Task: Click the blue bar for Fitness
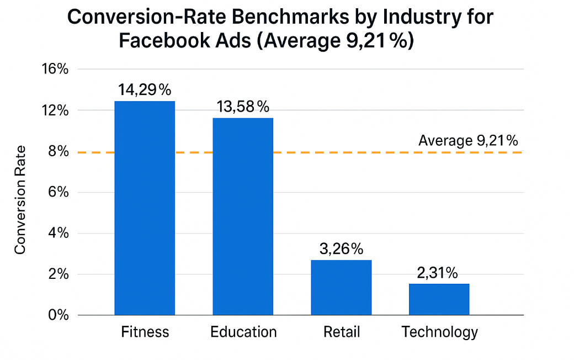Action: [145, 208]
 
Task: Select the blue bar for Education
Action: [243, 216]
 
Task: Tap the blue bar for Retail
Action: [341, 287]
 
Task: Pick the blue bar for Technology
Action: [439, 299]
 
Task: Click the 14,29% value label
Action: [145, 89]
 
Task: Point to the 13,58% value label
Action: [243, 107]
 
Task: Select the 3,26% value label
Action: [341, 248]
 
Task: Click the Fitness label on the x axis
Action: [145, 332]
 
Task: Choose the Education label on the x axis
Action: [243, 332]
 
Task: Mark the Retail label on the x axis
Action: [341, 332]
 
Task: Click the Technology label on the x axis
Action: [439, 332]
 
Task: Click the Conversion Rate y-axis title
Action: [20, 200]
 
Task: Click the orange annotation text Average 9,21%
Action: [468, 140]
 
